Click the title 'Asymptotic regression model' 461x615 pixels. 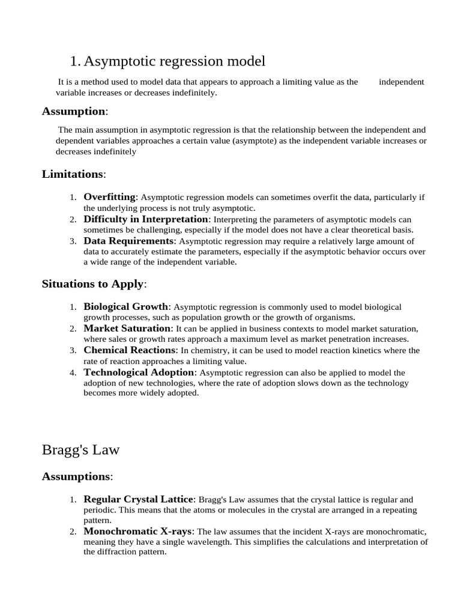[x=174, y=61]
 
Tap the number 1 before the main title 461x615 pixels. [x=74, y=61]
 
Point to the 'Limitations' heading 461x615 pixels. [x=73, y=174]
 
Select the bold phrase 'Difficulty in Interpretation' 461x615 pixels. [x=145, y=219]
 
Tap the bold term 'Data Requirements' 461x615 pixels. [x=128, y=241]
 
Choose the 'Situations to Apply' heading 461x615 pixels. [x=93, y=284]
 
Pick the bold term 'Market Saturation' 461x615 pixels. [x=127, y=329]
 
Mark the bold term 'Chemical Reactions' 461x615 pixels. [x=130, y=350]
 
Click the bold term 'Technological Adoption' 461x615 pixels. [x=139, y=372]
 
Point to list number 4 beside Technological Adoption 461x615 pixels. [x=73, y=373]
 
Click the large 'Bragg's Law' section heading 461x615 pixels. [x=80, y=450]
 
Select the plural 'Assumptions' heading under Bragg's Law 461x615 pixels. [x=76, y=477]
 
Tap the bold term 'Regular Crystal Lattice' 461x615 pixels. [x=139, y=499]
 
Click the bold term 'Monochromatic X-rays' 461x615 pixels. [x=138, y=532]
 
